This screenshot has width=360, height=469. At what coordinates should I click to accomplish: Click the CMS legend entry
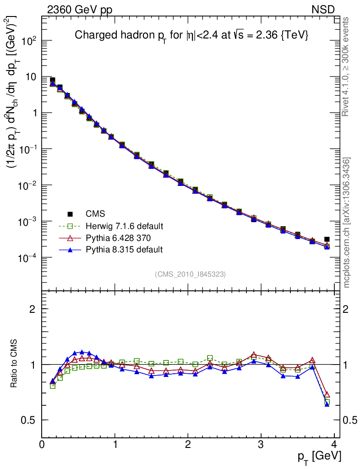95,214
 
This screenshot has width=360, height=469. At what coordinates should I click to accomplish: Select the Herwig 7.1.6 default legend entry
124,226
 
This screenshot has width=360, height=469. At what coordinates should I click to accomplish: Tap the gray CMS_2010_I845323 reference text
190,274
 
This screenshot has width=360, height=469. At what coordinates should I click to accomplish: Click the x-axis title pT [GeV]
320,456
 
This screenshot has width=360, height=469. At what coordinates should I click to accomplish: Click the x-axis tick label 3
261,445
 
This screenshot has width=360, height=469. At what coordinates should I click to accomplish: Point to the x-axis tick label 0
42,445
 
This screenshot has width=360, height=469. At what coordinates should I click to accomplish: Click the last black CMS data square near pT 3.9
327,239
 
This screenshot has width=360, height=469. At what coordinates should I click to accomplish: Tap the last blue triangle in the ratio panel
327,404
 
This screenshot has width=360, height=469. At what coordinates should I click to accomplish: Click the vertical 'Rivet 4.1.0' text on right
347,66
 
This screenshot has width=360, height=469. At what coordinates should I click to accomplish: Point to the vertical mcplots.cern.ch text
347,222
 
